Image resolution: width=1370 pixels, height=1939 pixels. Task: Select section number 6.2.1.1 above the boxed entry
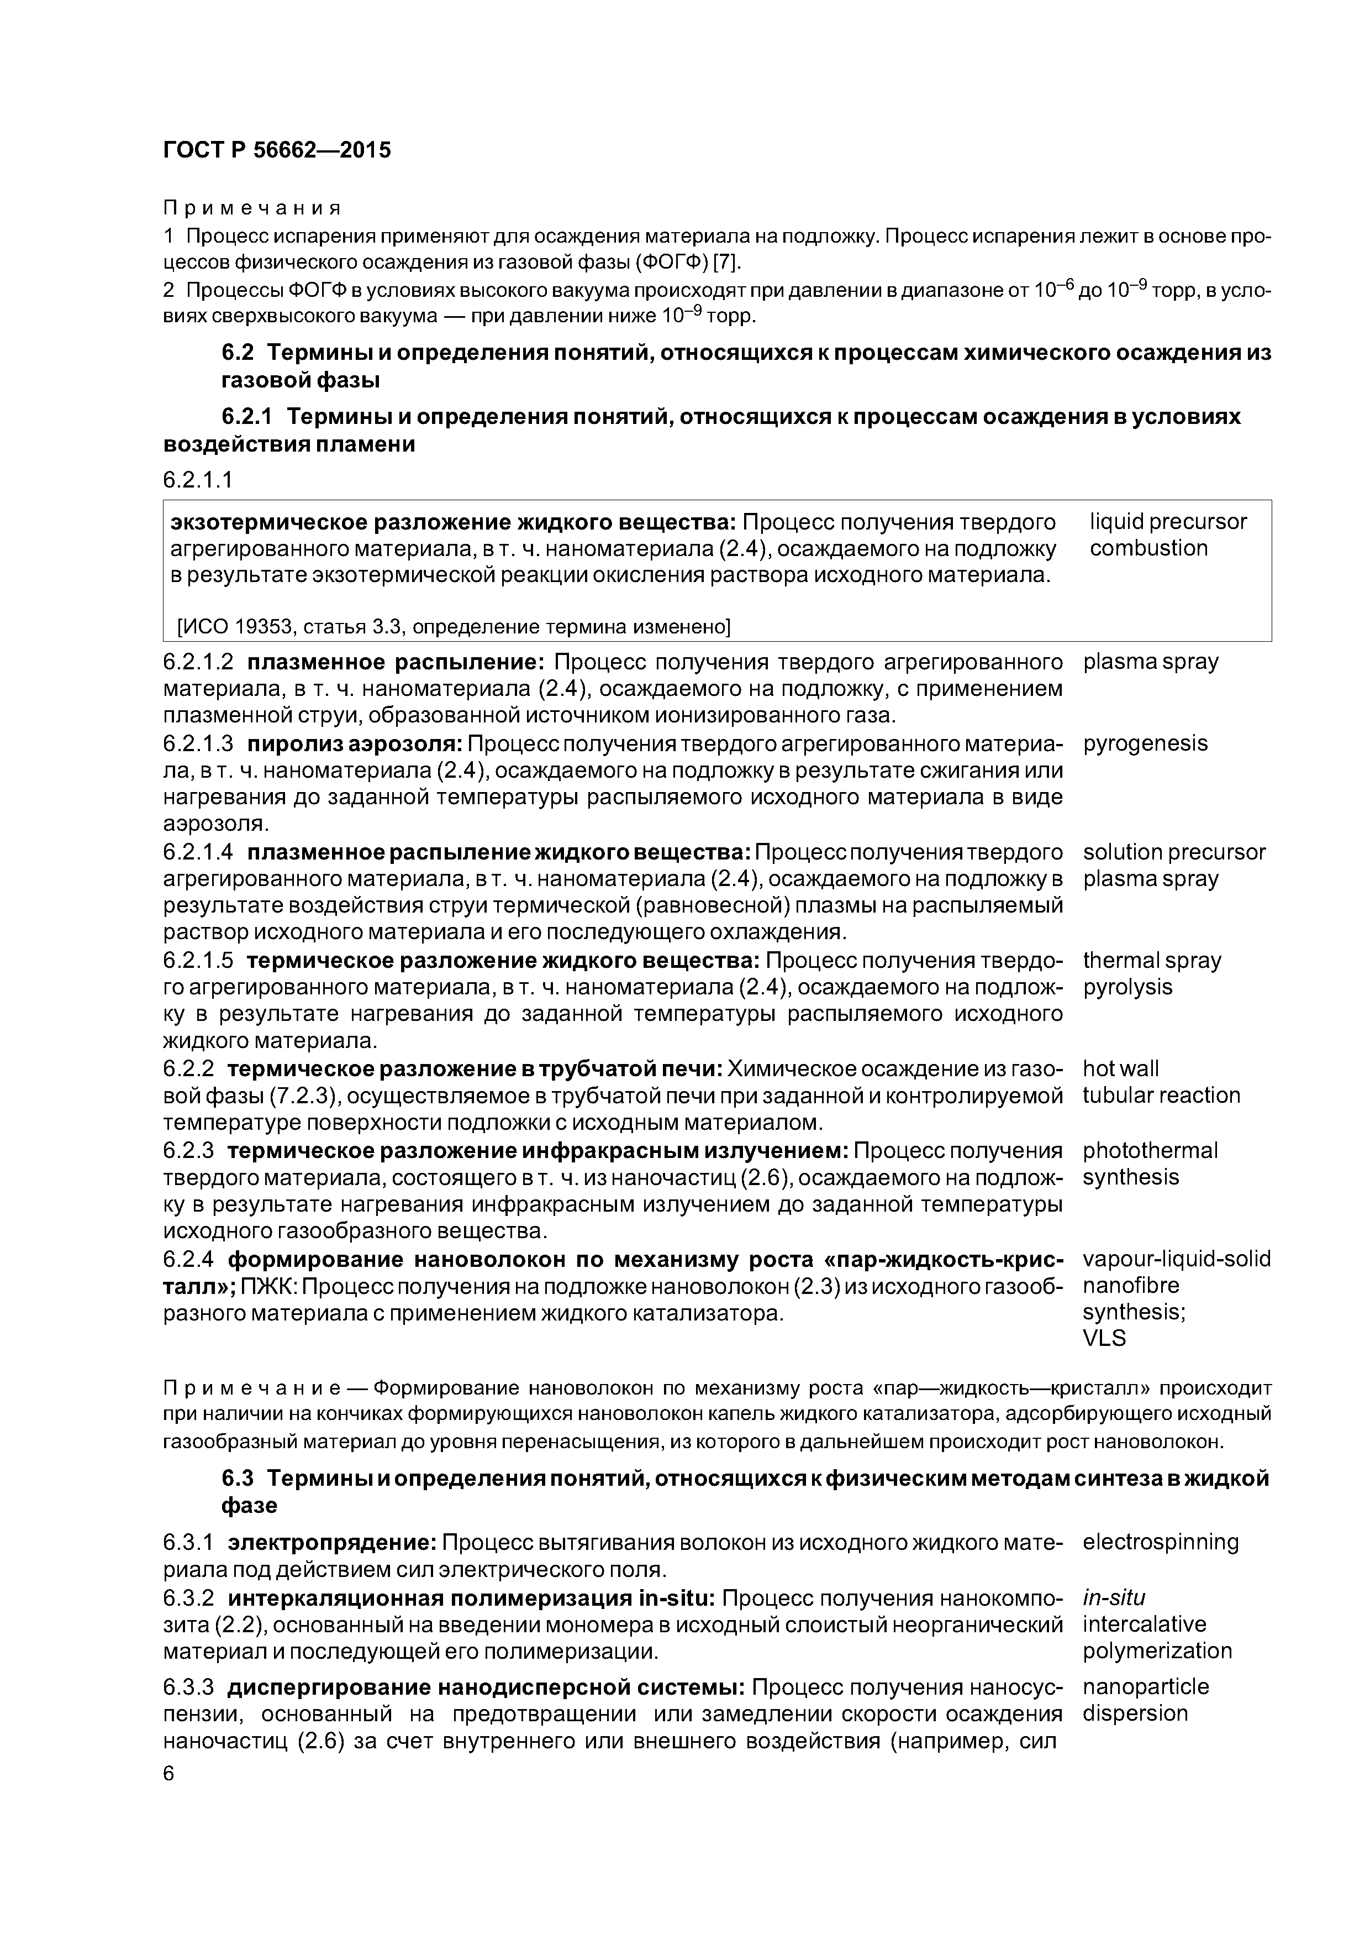198,480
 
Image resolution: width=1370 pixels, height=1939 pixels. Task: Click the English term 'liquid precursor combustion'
1167,534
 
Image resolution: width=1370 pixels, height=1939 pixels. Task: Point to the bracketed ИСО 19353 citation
454,627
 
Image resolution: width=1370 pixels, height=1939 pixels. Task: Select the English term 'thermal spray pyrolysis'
1151,974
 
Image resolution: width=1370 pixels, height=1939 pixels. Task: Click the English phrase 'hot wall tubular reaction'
1161,1082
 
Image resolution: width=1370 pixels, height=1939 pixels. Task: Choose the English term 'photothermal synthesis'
1150,1164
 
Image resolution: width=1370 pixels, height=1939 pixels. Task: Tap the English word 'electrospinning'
1161,1542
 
